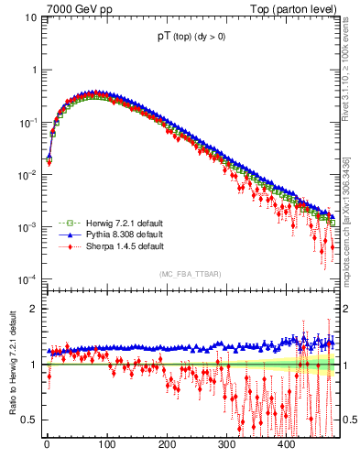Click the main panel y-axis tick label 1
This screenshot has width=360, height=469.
32,71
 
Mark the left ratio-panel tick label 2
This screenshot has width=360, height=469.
32,309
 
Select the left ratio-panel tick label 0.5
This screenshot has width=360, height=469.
27,420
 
